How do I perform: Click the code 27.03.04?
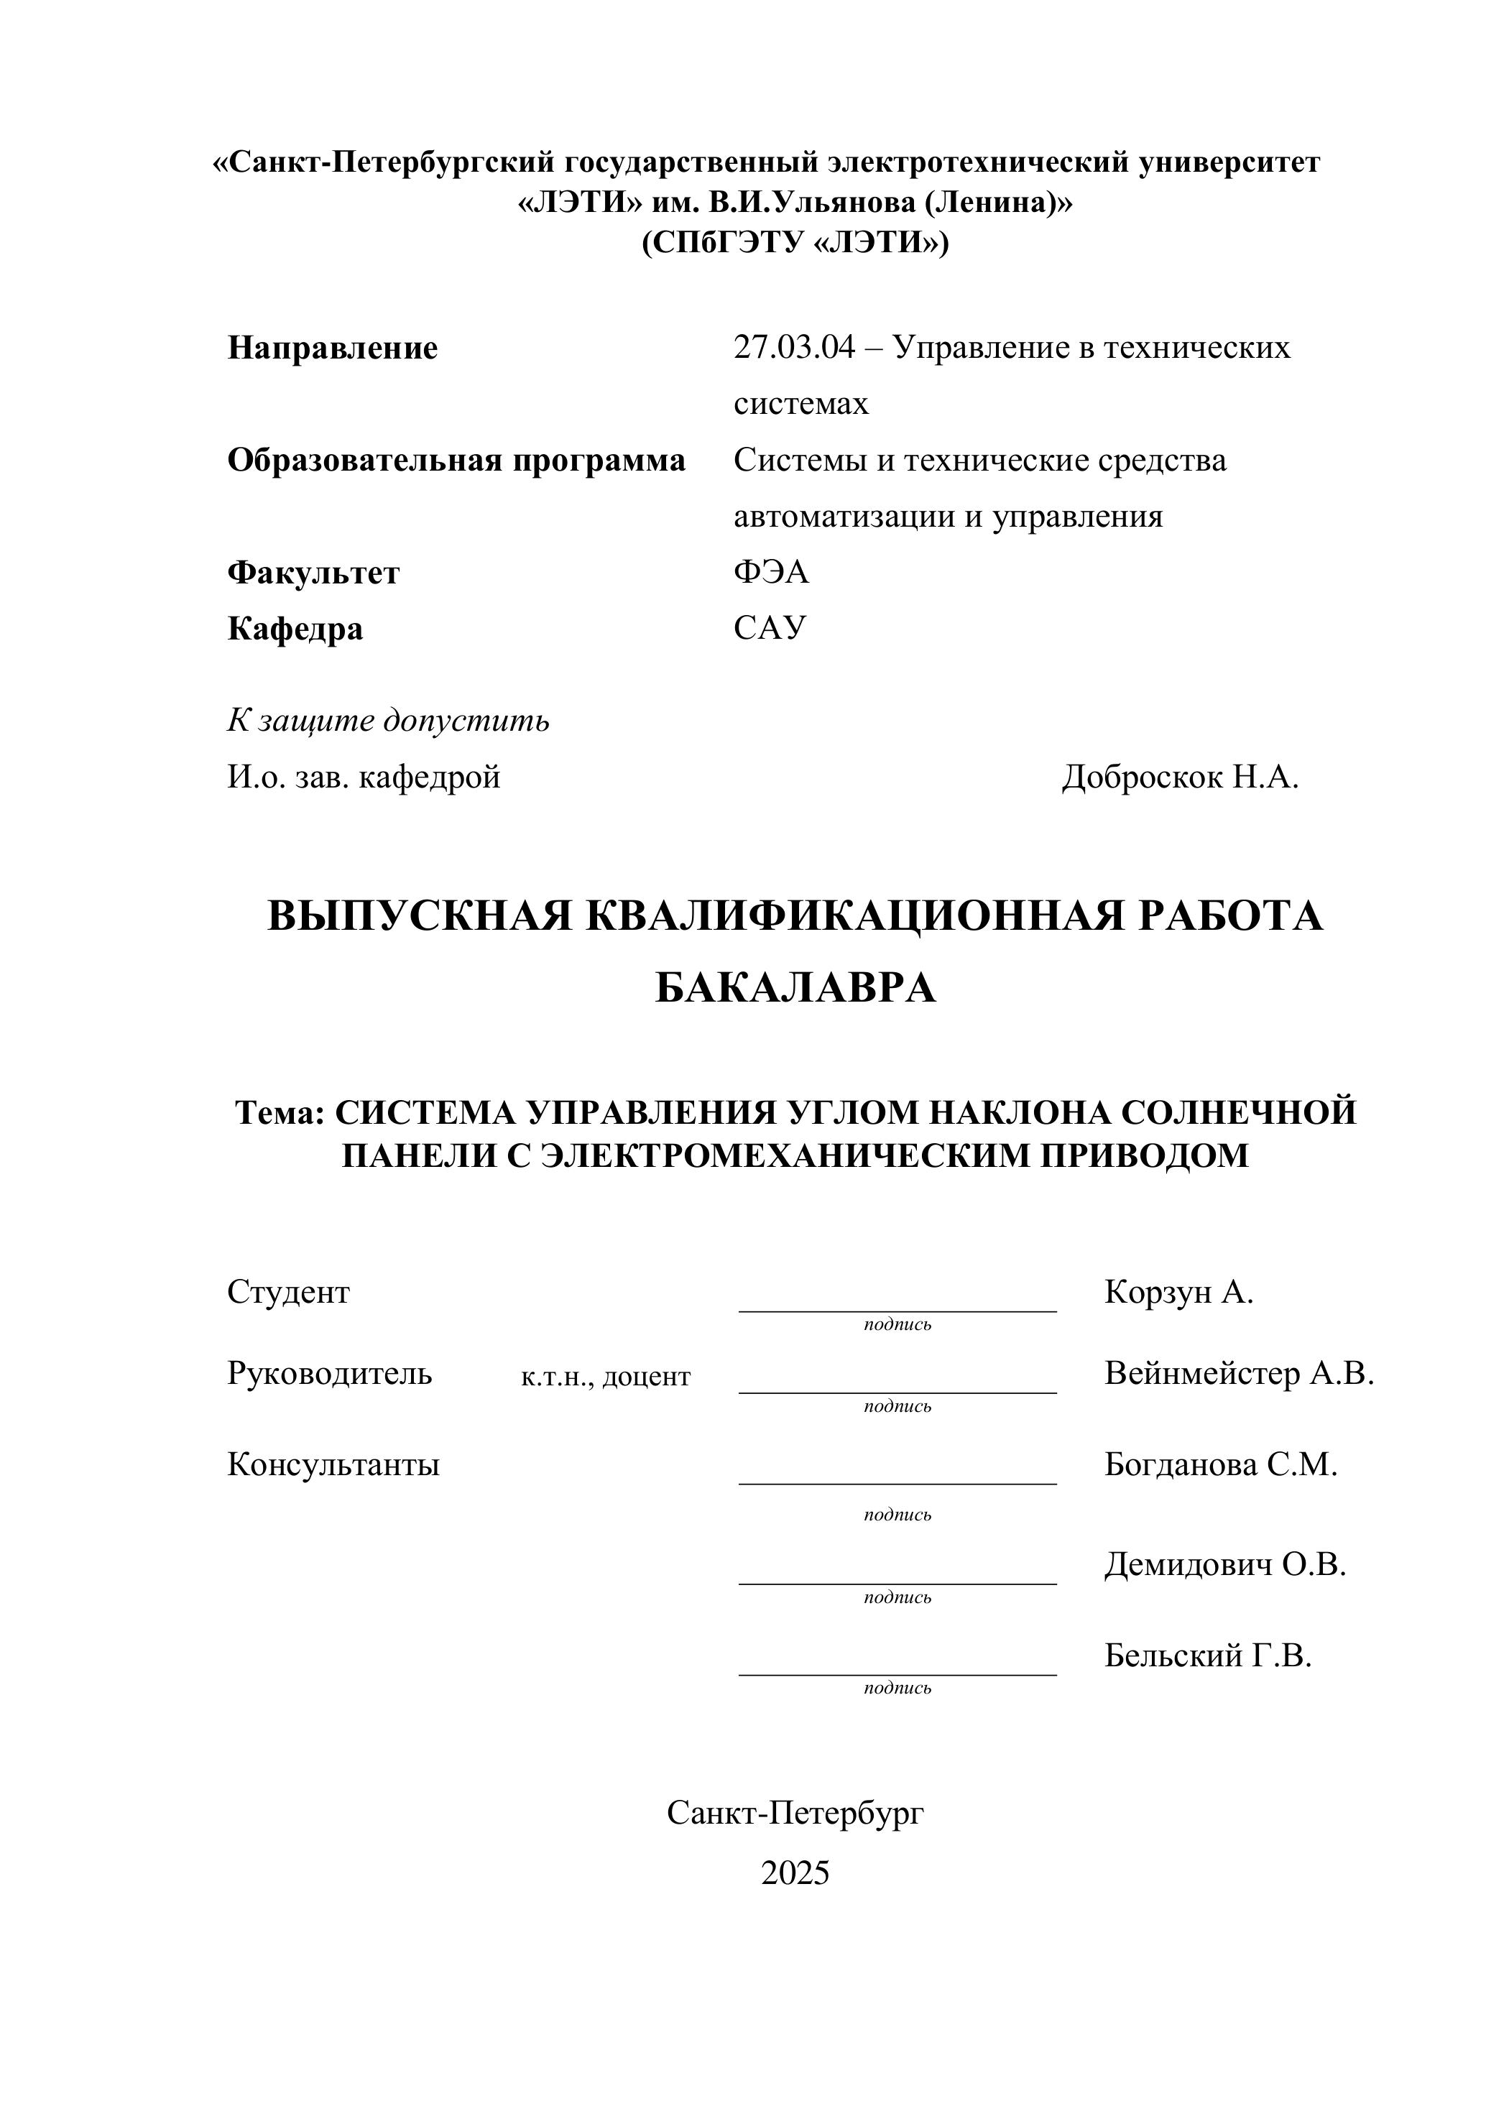(793, 348)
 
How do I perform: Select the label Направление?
(332, 348)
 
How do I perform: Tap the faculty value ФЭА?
(770, 572)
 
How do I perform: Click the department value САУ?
(770, 628)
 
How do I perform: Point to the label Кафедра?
(295, 629)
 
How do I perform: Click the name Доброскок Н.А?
(1179, 777)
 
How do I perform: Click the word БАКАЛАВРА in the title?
(795, 987)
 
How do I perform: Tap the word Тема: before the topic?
(280, 1113)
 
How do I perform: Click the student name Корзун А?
(1178, 1291)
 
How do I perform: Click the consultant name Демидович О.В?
(1225, 1565)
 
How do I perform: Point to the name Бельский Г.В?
(1208, 1656)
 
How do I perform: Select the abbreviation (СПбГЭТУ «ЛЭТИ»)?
(795, 242)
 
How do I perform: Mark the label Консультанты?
(333, 1464)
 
